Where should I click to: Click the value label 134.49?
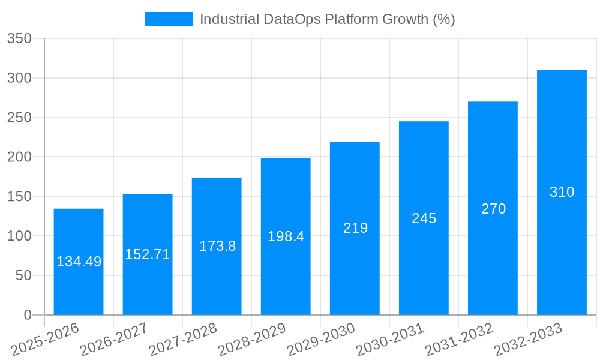tap(79, 262)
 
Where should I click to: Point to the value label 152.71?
tap(148, 254)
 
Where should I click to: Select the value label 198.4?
tap(286, 236)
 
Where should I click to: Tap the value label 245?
tap(424, 218)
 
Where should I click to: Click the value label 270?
tap(493, 209)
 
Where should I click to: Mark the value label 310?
tap(562, 192)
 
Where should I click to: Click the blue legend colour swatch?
tap(168, 19)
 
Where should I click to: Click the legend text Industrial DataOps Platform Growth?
tap(327, 19)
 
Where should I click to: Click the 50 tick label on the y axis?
tap(22, 275)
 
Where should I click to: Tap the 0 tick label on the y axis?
tap(27, 315)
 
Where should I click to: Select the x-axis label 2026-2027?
tap(115, 339)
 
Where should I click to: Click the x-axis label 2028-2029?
tap(253, 339)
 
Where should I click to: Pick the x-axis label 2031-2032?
tap(460, 339)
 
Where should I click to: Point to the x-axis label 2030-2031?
tap(391, 339)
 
